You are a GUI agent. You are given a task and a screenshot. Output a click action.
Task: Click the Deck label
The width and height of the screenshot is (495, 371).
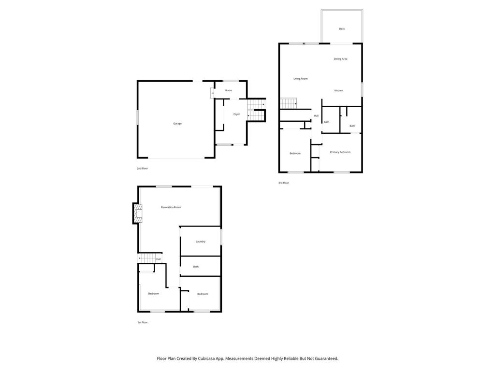pyautogui.click(x=342, y=29)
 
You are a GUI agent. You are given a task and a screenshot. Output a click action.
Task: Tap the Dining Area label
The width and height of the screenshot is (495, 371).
pyautogui.click(x=340, y=59)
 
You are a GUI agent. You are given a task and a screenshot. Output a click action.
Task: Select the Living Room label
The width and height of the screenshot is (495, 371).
pyautogui.click(x=300, y=79)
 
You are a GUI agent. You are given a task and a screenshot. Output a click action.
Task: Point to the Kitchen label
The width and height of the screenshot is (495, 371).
pyautogui.click(x=339, y=91)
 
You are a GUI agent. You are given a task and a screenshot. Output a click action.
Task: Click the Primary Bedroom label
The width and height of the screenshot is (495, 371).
pyautogui.click(x=340, y=152)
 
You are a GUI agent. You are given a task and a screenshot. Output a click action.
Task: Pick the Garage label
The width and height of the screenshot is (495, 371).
pyautogui.click(x=177, y=124)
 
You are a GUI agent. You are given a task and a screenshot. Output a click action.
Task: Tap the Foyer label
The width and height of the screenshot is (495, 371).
pyautogui.click(x=236, y=114)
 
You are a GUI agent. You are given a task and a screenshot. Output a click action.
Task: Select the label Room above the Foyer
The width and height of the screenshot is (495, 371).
pyautogui.click(x=228, y=90)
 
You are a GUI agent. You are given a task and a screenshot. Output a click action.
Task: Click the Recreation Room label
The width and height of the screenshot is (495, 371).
pyautogui.click(x=171, y=207)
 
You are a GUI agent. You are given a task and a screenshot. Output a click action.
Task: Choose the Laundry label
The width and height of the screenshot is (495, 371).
pyautogui.click(x=201, y=242)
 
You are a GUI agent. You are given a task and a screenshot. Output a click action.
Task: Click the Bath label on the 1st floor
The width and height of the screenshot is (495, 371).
pyautogui.click(x=196, y=267)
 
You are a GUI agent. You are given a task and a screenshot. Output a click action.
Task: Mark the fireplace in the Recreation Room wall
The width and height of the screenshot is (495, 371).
pyautogui.click(x=138, y=213)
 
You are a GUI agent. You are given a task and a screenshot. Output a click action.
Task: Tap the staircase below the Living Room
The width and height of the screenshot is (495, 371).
pyautogui.click(x=288, y=103)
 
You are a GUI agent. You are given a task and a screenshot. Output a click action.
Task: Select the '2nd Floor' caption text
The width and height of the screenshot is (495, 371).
pyautogui.click(x=142, y=169)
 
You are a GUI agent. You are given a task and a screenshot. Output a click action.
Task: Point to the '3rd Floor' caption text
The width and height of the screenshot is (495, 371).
pyautogui.click(x=283, y=183)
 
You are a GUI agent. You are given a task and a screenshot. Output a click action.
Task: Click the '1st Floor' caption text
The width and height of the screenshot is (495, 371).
pyautogui.click(x=142, y=322)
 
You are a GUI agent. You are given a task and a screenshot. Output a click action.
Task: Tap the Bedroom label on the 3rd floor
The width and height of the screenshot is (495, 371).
pyautogui.click(x=295, y=154)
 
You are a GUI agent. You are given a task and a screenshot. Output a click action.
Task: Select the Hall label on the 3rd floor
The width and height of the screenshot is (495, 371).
pyautogui.click(x=316, y=116)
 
